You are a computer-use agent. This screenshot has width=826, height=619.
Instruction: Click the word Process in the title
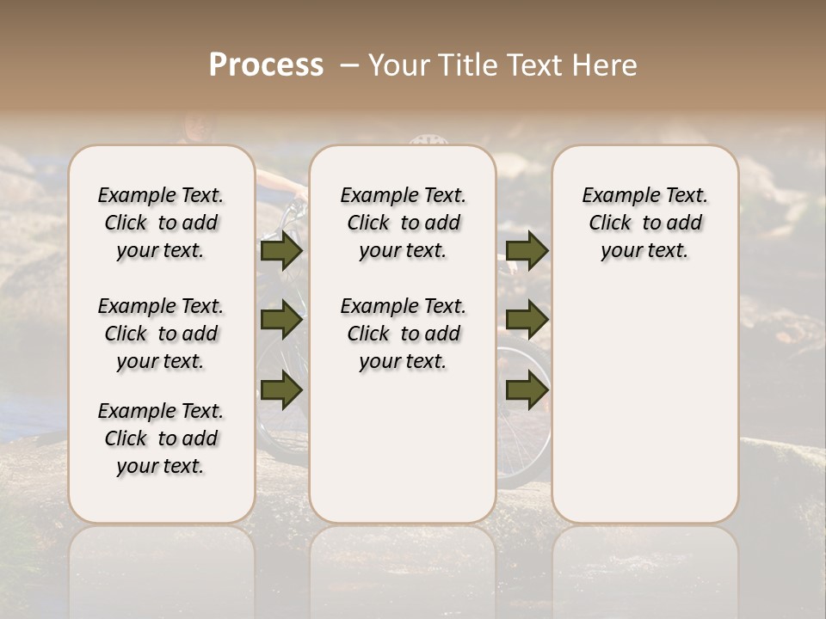pos(266,65)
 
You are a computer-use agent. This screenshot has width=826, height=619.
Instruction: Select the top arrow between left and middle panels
pos(281,251)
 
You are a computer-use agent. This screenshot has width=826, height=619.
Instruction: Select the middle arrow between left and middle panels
pos(281,320)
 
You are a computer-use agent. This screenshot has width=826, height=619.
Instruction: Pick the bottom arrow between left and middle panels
pos(281,390)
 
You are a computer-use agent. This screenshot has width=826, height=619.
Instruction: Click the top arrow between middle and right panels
pos(527,251)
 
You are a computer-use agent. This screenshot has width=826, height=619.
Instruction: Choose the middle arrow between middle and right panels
pos(527,320)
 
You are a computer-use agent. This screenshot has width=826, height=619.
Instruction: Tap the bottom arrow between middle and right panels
pos(527,390)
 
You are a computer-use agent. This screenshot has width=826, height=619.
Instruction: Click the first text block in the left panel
pos(161,223)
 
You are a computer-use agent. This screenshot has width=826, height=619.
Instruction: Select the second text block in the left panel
pos(161,334)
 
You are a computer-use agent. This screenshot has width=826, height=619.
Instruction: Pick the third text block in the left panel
pos(161,438)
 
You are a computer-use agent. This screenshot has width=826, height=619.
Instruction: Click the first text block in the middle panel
pos(404,223)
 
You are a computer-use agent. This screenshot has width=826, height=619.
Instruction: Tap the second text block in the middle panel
pos(404,334)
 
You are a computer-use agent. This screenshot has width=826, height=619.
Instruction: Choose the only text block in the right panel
pos(645,223)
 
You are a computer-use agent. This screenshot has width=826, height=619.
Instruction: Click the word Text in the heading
pos(534,65)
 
